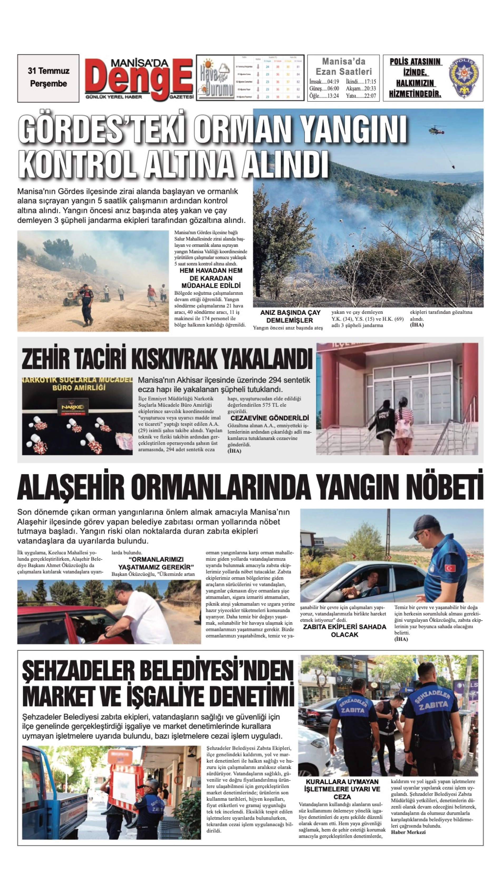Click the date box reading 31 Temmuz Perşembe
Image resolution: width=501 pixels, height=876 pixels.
pos(48,78)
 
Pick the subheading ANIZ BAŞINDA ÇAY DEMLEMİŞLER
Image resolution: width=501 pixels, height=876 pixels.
pos(290,316)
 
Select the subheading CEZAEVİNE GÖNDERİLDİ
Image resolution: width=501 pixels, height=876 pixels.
pos(270,418)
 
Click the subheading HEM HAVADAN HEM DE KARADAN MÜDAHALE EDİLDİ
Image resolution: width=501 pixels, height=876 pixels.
pos(211,278)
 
